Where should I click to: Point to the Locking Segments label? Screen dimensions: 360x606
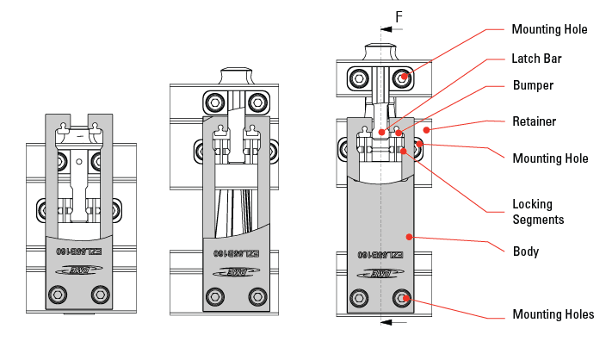[537, 213]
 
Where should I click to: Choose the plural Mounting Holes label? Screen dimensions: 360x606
[553, 314]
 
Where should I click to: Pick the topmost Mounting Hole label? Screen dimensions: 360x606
[549, 29]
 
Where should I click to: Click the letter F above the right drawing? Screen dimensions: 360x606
[399, 16]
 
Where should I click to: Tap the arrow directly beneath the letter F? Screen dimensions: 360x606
[390, 29]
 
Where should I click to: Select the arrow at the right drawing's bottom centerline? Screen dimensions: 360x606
[393, 323]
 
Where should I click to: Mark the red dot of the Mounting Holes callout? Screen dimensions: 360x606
[404, 301]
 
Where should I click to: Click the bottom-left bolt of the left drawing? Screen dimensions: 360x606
[59, 295]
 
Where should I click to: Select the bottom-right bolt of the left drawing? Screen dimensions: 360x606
[102, 295]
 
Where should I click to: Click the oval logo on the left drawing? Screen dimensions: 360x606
[79, 272]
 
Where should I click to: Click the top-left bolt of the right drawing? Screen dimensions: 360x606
[360, 80]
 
